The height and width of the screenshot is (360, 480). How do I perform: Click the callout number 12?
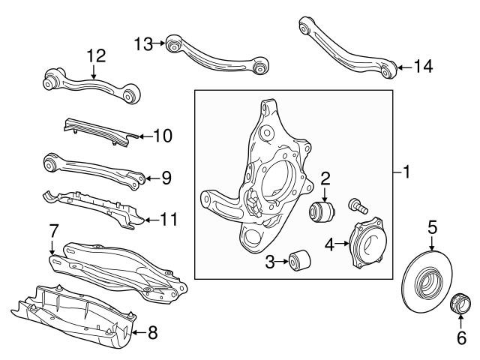[97, 55]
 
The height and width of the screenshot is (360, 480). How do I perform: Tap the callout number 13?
[144, 43]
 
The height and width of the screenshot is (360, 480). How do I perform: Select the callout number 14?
[422, 67]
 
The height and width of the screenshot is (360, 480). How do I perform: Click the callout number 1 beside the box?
[406, 173]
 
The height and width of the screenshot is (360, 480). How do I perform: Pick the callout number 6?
[460, 339]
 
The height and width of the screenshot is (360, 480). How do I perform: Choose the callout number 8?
[152, 332]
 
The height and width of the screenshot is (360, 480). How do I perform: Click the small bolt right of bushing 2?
[356, 203]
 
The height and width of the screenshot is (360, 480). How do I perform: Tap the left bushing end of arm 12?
[53, 76]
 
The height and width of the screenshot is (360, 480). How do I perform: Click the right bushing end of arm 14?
[385, 70]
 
